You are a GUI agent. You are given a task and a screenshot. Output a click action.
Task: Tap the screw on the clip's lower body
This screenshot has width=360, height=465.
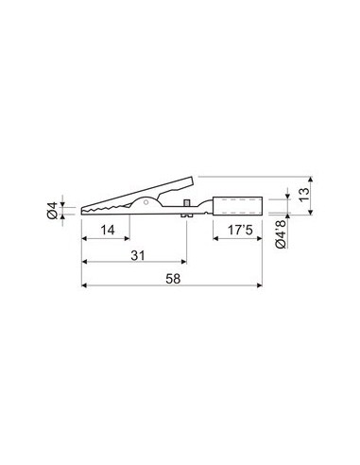[189, 207]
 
